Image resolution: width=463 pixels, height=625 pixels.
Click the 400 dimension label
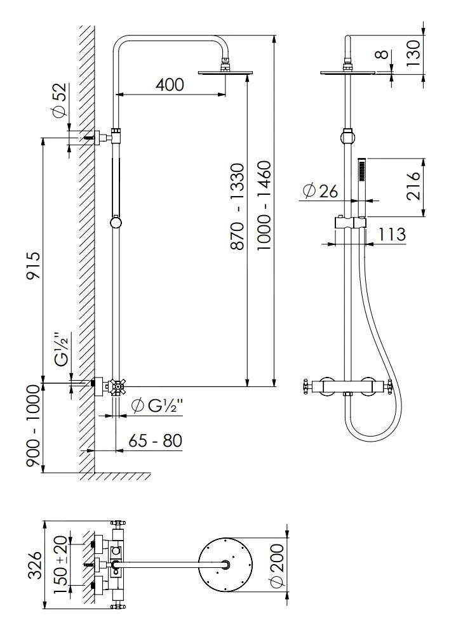point(170,84)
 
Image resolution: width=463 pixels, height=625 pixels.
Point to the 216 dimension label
point(414,185)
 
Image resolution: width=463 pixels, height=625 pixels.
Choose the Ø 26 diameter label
point(320,190)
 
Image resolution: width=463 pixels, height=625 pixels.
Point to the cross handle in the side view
point(117,386)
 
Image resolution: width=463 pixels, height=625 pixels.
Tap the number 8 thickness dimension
point(381,55)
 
